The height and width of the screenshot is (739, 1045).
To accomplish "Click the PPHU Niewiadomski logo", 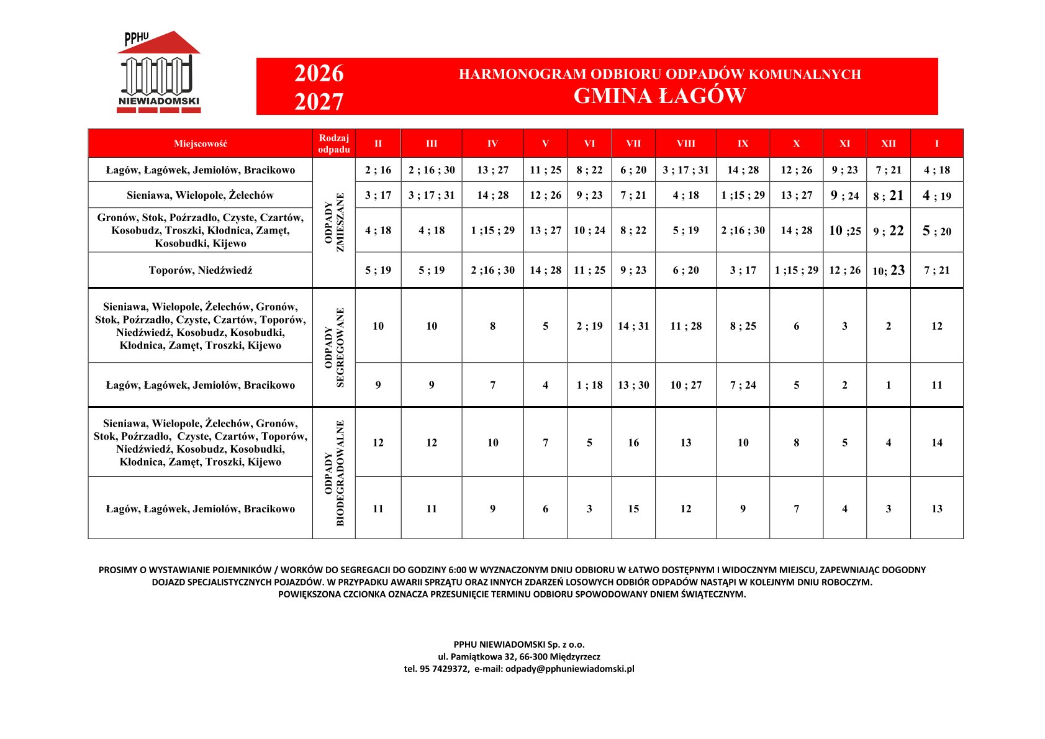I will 159,73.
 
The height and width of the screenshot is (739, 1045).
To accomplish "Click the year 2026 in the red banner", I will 319,73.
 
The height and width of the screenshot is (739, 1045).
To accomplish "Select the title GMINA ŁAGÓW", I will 659,96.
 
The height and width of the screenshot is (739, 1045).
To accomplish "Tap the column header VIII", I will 685,143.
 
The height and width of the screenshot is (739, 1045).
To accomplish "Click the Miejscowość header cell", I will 200,143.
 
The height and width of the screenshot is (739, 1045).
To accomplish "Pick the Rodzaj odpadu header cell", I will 333,143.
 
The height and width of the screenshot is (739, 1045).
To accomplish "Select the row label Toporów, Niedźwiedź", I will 200,270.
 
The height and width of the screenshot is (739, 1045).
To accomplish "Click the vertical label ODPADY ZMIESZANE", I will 334,222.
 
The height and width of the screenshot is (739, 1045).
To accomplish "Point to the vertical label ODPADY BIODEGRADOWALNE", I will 334,473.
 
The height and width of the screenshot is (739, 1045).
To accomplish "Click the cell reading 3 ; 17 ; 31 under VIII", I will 685,170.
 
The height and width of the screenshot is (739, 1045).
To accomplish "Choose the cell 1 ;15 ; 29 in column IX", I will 743,195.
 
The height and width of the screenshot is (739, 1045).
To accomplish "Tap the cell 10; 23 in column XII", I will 889,270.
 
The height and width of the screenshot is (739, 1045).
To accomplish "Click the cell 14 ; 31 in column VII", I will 633,326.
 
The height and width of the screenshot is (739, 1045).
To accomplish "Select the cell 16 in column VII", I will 633,443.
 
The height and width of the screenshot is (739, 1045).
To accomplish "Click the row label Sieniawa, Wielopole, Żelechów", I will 200,195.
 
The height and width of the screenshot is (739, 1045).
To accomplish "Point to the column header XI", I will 844,143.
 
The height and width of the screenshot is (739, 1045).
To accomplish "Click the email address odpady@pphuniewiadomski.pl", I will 569,669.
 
